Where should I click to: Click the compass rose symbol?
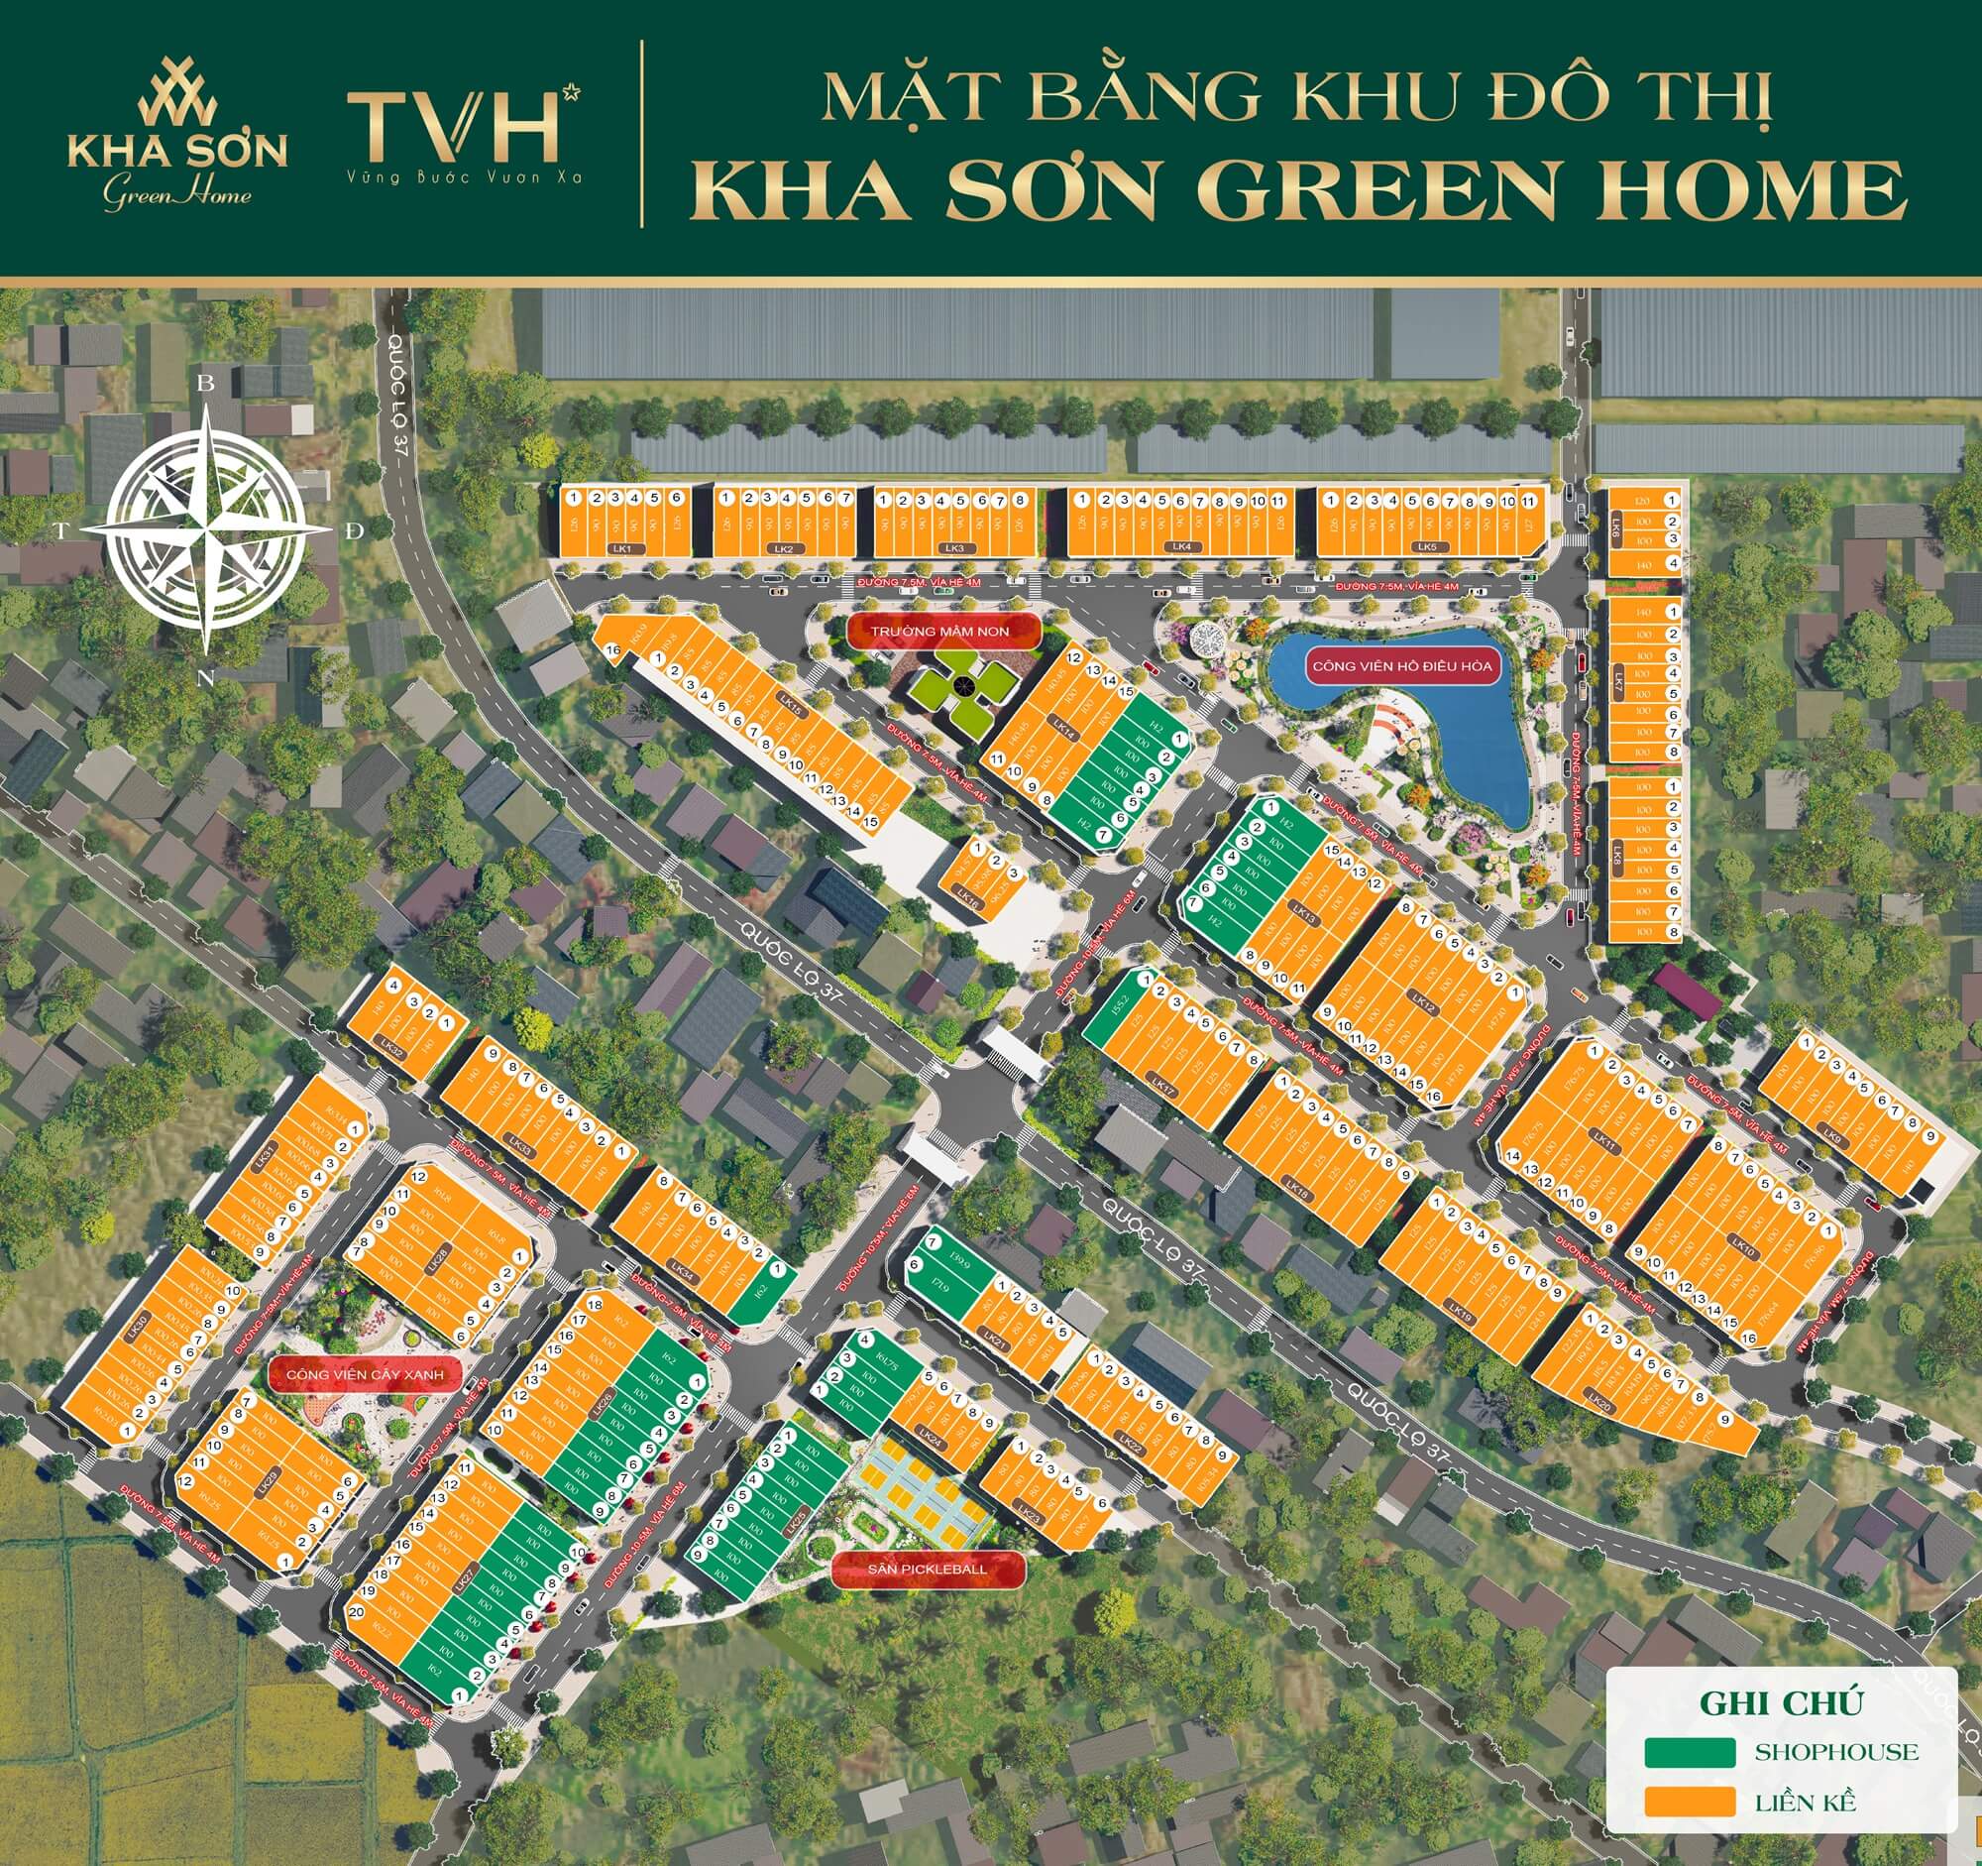click(x=206, y=530)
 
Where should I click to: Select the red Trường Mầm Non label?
click(x=939, y=632)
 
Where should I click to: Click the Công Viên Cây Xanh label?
click(x=364, y=1374)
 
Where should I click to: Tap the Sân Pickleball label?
click(x=928, y=1569)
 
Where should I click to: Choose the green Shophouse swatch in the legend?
click(x=1691, y=1751)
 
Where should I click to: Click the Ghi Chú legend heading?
click(x=1781, y=1702)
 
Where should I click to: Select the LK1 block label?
click(x=622, y=549)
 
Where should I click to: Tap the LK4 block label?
click(x=1181, y=546)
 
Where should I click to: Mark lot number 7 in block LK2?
click(x=845, y=498)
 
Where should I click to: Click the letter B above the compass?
click(x=206, y=383)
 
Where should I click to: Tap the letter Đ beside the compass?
click(x=354, y=531)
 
